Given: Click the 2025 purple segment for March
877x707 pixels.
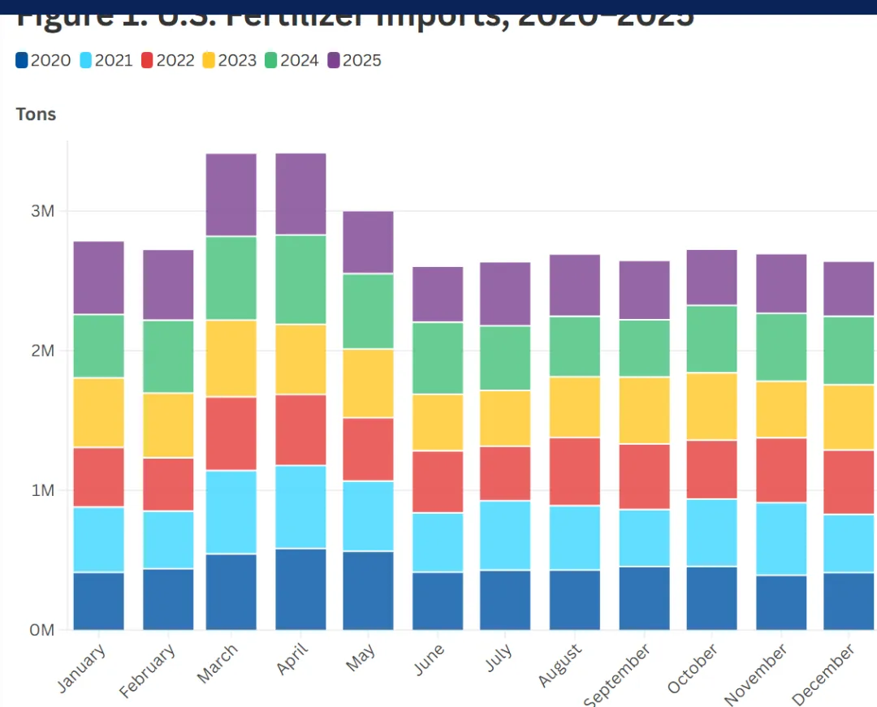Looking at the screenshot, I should pos(231,195).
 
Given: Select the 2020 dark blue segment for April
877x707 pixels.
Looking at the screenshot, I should pos(300,589).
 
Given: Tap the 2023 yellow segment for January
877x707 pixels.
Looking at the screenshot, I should pos(99,412).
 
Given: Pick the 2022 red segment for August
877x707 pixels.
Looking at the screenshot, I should pos(575,472).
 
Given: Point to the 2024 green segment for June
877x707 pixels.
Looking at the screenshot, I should pos(438,358).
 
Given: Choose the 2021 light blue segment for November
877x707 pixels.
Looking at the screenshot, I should pos(781,539).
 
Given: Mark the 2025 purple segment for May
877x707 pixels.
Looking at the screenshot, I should pos(368,242).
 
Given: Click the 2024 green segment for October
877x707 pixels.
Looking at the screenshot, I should pos(711,339).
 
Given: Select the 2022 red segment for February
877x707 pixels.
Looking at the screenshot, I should pos(168,485).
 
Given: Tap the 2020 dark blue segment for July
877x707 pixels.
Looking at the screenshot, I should pos(505,600).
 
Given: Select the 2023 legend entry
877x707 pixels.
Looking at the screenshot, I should pos(228,61).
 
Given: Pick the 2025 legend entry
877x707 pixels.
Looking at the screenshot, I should pos(354,61).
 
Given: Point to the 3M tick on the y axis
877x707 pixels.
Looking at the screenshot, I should pos(42,212).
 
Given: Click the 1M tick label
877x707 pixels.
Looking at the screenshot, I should pos(42,491).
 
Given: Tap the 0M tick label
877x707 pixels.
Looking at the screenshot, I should pos(42,631).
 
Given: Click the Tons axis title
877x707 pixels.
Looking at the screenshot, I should pos(36,114).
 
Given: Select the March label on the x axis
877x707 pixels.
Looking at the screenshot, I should pos(217,665).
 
